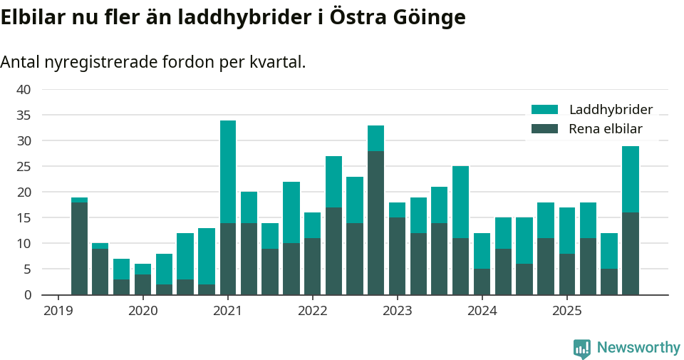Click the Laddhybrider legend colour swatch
pyautogui.click(x=545, y=110)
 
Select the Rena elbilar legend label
pyautogui.click(x=606, y=129)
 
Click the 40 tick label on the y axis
pyautogui.click(x=24, y=90)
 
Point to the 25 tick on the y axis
pyautogui.click(x=24, y=167)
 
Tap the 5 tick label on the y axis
pyautogui.click(x=27, y=269)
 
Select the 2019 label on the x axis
pyautogui.click(x=58, y=311)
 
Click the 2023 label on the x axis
pyautogui.click(x=397, y=311)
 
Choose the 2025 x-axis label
pyautogui.click(x=566, y=311)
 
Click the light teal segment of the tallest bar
pyautogui.click(x=228, y=172)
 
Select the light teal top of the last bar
pyautogui.click(x=631, y=179)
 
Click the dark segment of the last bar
pyautogui.click(x=631, y=253)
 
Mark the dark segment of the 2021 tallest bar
pyautogui.click(x=228, y=259)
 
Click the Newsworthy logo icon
pyautogui.click(x=582, y=348)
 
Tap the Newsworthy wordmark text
pyautogui.click(x=638, y=348)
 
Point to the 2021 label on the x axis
pyautogui.click(x=228, y=311)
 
